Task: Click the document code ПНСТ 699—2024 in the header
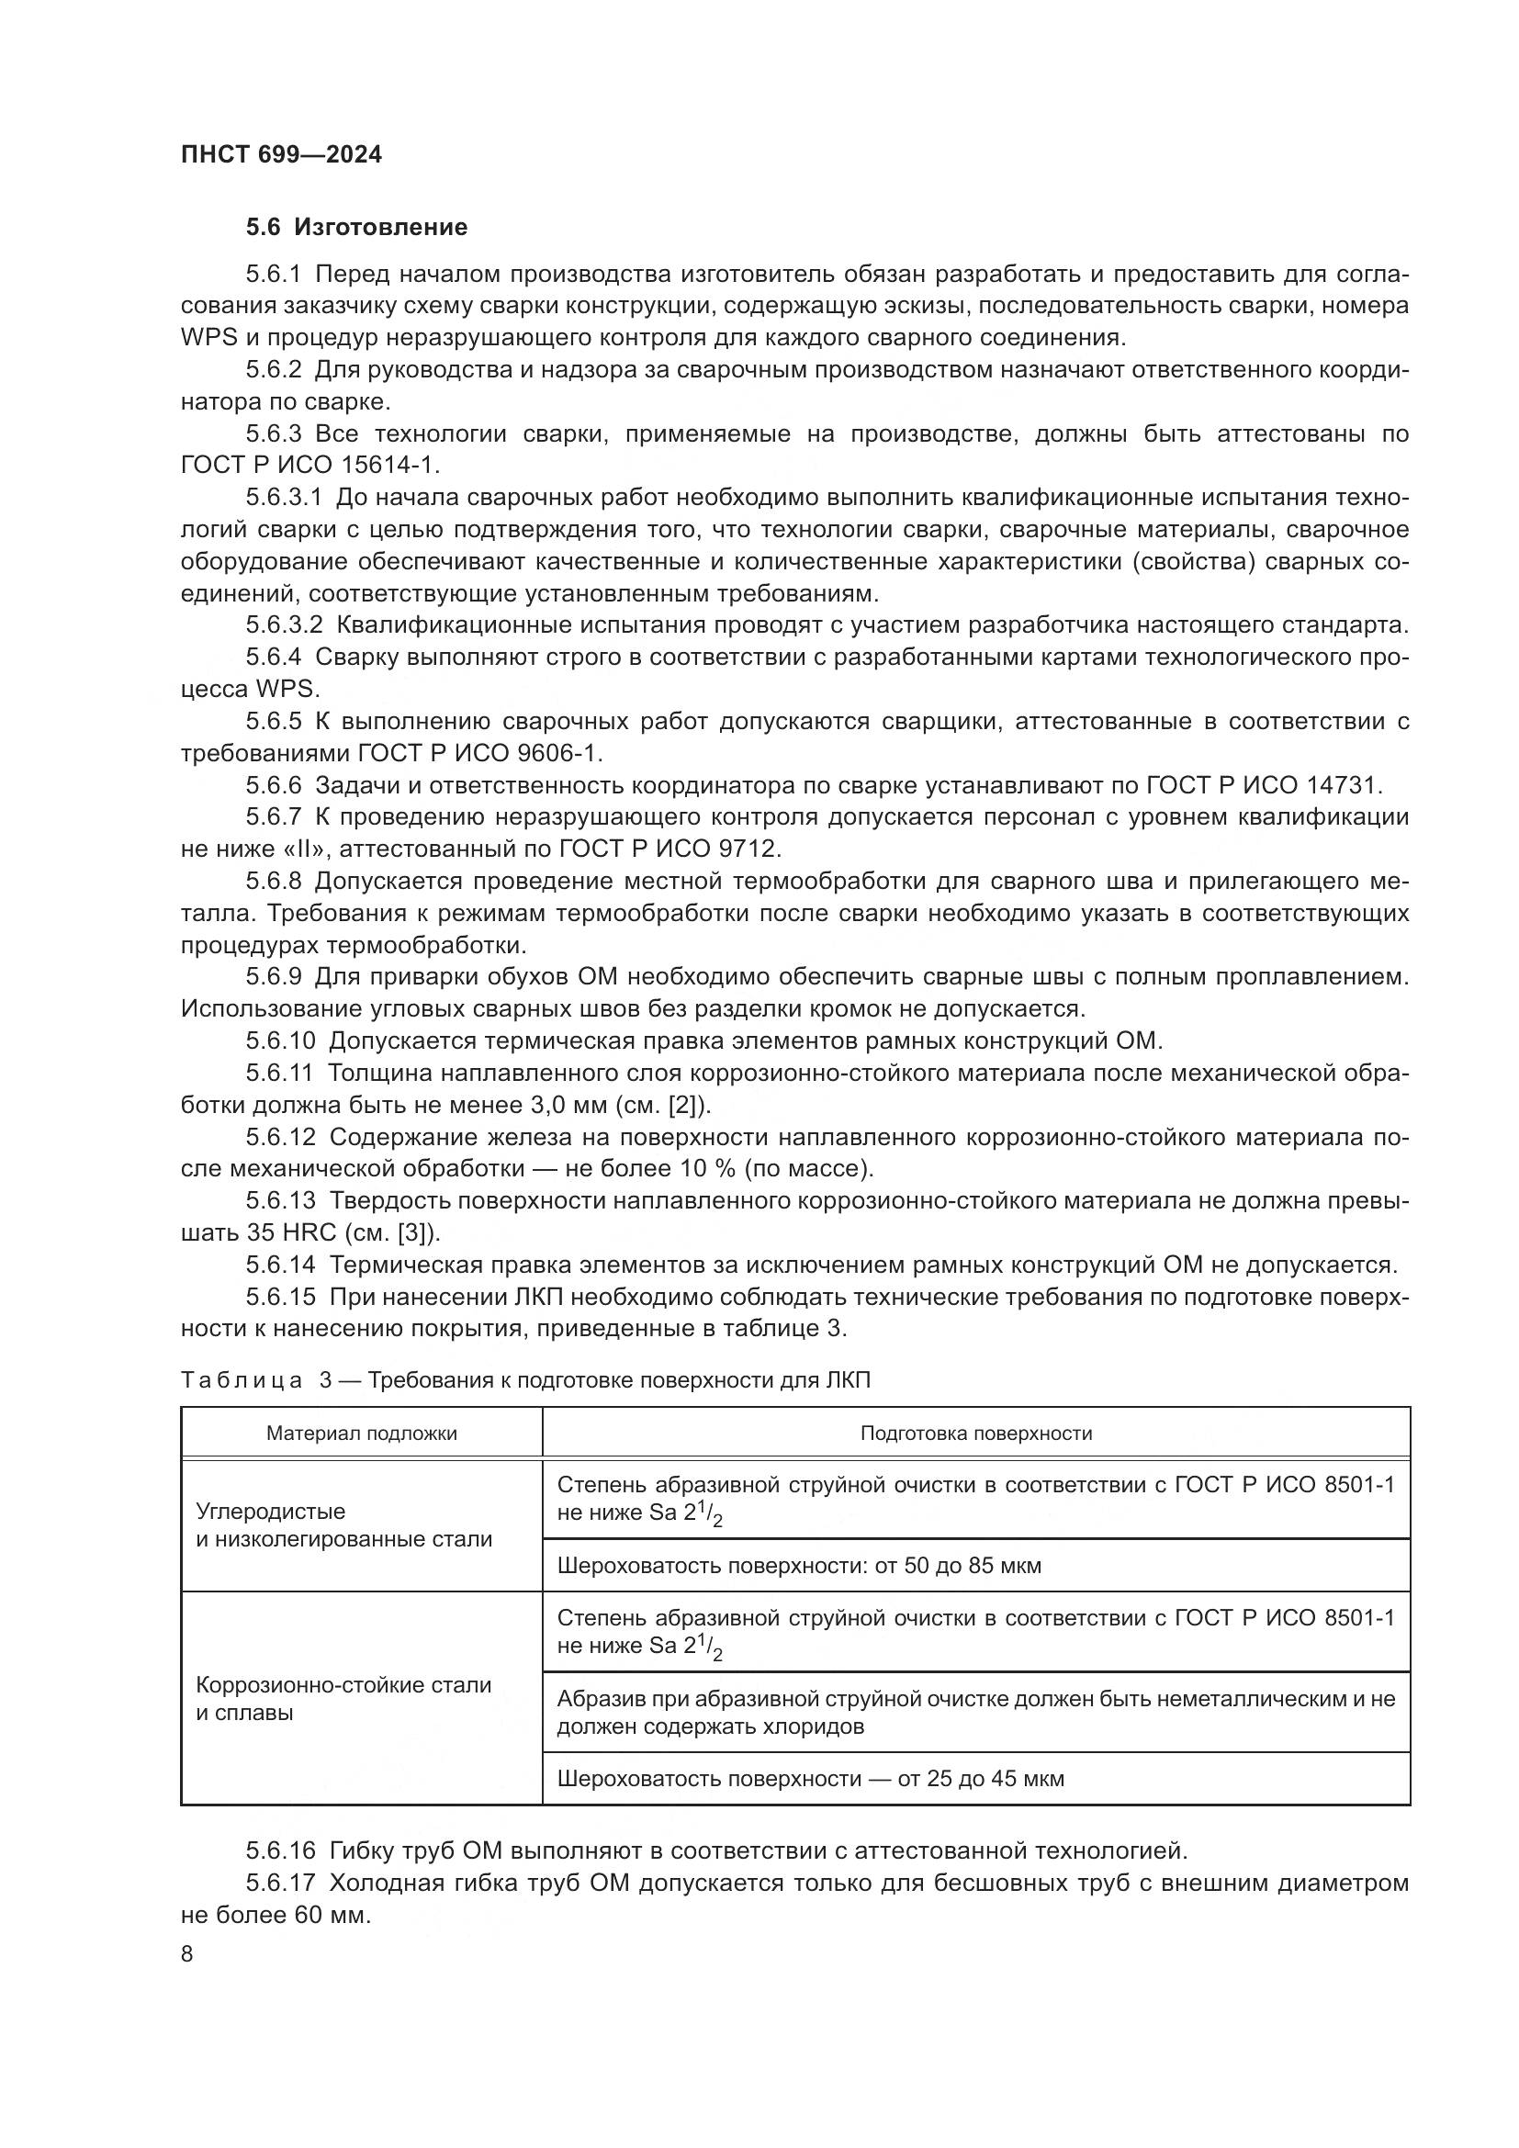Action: [x=281, y=154]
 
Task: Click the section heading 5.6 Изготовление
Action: [x=356, y=227]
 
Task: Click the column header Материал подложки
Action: [x=361, y=1434]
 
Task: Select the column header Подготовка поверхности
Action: [x=975, y=1434]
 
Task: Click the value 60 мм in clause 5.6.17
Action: [x=332, y=1915]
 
